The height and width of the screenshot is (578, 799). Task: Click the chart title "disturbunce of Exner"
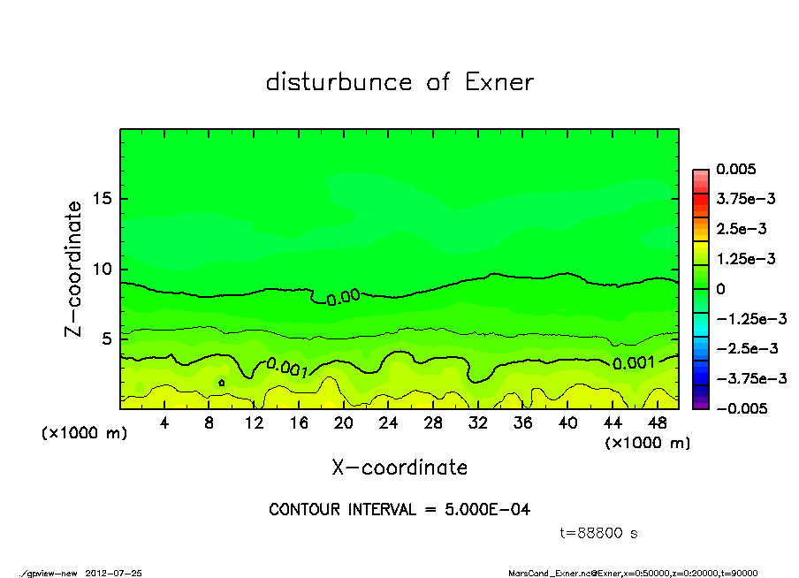pyautogui.click(x=399, y=82)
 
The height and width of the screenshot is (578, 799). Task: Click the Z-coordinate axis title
pyautogui.click(x=74, y=269)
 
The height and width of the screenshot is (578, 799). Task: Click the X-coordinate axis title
pyautogui.click(x=399, y=468)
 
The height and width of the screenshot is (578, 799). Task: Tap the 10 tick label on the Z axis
pyautogui.click(x=103, y=269)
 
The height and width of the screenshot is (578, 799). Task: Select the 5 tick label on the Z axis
pyautogui.click(x=107, y=339)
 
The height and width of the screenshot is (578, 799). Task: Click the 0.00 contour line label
pyautogui.click(x=343, y=298)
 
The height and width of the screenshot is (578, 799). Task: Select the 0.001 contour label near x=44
pyautogui.click(x=634, y=362)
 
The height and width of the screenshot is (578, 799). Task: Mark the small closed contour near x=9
pyautogui.click(x=221, y=383)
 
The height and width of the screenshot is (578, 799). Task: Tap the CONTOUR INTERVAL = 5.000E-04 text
pyautogui.click(x=399, y=510)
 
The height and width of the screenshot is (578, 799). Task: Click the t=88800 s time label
pyautogui.click(x=599, y=533)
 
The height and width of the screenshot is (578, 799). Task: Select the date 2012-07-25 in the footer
pyautogui.click(x=114, y=573)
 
